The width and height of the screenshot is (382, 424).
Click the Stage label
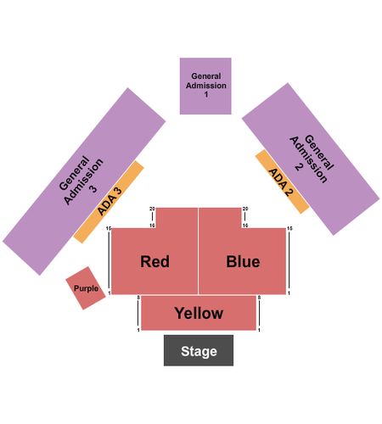click(199, 351)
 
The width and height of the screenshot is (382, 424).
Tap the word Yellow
click(199, 313)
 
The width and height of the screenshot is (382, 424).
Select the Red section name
click(154, 261)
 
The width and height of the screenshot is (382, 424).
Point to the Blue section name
click(243, 261)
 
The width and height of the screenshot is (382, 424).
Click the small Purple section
click(86, 288)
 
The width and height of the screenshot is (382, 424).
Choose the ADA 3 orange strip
click(109, 202)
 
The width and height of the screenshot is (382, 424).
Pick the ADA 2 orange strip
click(282, 181)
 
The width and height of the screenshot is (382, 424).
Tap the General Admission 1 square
click(205, 86)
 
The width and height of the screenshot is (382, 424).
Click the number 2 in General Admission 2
click(299, 167)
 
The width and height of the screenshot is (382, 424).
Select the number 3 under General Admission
click(93, 189)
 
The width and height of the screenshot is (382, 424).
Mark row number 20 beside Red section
click(152, 209)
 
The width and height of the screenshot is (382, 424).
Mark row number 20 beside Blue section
click(245, 209)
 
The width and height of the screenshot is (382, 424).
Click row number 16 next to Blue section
click(245, 226)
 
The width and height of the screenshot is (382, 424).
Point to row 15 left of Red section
click(109, 228)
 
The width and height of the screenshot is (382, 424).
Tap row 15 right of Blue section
click(289, 228)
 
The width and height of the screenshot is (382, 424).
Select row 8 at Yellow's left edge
click(138, 298)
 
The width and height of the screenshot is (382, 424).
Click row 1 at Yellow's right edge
click(259, 330)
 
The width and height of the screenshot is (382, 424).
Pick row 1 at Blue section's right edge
click(289, 293)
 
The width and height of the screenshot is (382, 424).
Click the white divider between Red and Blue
click(199, 251)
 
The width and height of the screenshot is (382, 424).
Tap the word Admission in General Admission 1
click(206, 86)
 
